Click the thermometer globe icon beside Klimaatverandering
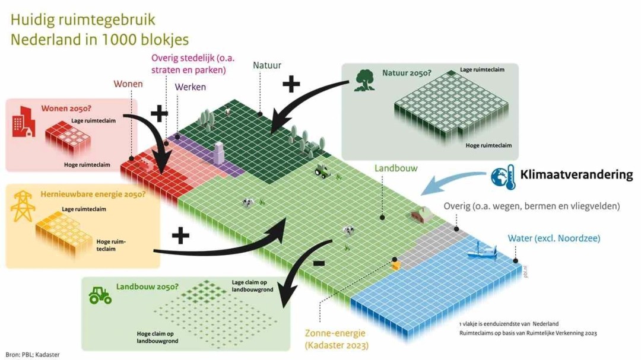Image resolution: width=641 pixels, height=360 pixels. coord(502,177)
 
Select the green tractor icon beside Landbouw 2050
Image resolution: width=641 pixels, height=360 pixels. coord(100,295)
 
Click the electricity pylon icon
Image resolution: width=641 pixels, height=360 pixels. coord(23,205)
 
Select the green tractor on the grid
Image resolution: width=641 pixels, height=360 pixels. coord(322,171)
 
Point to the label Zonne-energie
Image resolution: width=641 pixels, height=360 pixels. coord(335,333)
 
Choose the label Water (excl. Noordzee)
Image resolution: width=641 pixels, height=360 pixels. coord(554,238)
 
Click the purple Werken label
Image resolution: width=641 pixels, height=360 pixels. coord(191,87)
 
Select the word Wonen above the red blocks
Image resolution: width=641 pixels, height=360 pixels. coord(128,84)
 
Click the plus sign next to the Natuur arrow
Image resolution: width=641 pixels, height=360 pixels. coord(291,85)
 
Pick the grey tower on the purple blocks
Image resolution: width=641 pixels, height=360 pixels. coord(218,153)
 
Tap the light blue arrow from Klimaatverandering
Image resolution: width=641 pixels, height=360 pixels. coord(451,180)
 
